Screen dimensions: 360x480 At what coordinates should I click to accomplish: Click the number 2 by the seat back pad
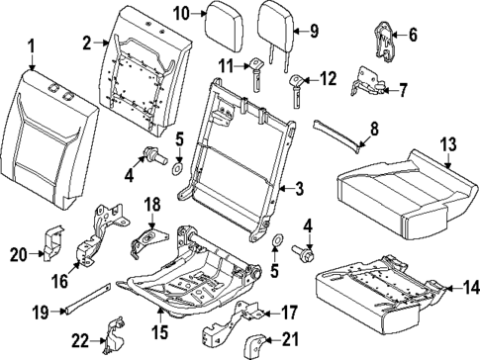point(87,43)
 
